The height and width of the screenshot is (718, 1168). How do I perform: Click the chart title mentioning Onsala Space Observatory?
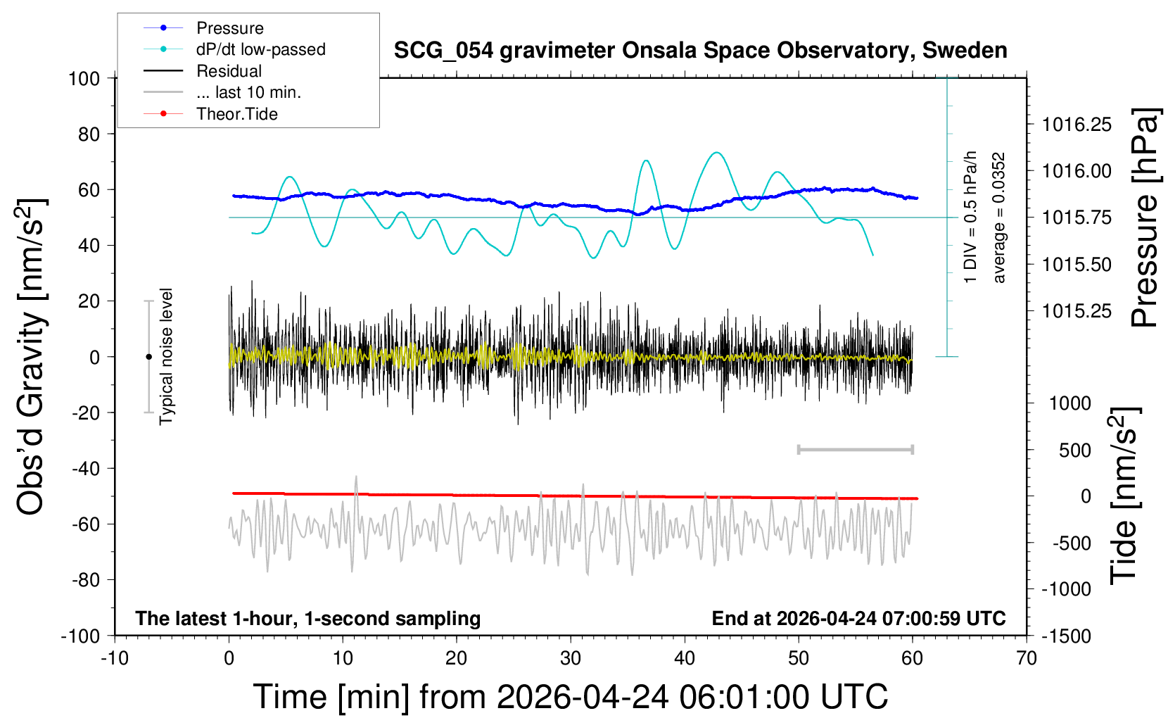(700, 51)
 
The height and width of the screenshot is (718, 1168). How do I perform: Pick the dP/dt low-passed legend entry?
(260, 49)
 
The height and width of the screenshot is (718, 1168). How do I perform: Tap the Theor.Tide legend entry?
(236, 114)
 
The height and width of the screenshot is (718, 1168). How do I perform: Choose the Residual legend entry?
(229, 71)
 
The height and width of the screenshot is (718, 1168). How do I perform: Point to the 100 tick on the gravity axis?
(84, 78)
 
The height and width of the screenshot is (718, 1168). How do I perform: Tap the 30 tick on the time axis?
(571, 659)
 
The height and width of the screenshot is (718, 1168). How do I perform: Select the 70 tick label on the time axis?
(1027, 659)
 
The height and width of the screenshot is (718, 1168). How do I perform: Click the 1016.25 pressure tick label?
(1077, 125)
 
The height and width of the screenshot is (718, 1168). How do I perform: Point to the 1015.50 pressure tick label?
(1077, 265)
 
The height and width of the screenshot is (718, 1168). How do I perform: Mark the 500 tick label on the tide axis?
(1074, 451)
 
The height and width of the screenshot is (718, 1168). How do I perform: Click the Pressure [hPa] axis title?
(1144, 218)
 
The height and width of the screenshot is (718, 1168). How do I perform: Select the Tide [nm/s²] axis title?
(1123, 496)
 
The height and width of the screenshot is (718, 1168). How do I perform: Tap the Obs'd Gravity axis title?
(32, 357)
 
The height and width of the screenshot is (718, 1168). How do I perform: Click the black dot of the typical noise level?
(148, 357)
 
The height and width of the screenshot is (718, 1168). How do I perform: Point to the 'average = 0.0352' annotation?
(998, 218)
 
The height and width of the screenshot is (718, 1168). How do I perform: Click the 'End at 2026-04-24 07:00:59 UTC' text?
(858, 619)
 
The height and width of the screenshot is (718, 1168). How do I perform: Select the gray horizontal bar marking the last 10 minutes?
(855, 450)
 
